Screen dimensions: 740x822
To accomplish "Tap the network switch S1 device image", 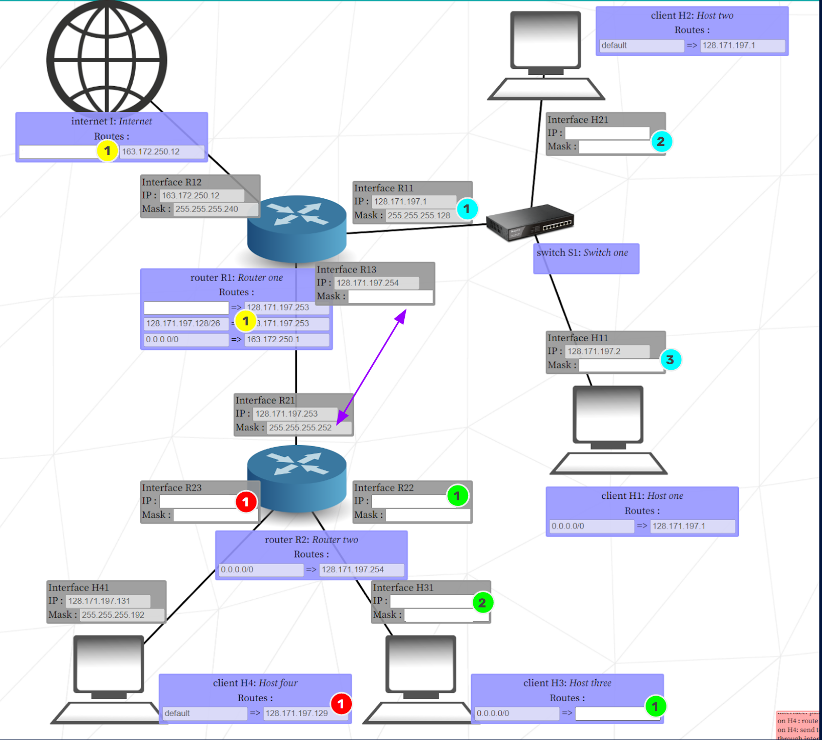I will click(530, 222).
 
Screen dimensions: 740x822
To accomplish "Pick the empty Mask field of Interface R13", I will click(390, 297).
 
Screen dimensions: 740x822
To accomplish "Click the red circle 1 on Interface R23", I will click(246, 502).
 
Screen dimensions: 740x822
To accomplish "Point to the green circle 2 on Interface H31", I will click(482, 603).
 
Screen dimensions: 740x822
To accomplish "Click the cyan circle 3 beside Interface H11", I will click(670, 360).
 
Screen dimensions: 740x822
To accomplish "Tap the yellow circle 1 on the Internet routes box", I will click(107, 151).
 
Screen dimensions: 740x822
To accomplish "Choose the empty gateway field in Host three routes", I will click(609, 713).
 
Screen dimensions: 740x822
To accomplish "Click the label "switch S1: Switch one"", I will click(582, 253).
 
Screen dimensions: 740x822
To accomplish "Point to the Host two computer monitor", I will click(546, 41).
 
